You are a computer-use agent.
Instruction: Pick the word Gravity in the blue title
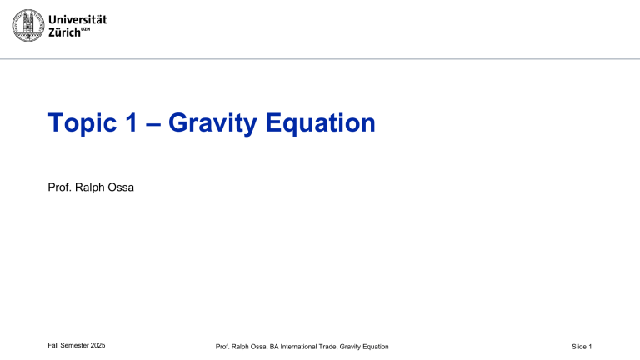point(212,125)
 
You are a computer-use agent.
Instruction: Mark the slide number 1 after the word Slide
point(590,345)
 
